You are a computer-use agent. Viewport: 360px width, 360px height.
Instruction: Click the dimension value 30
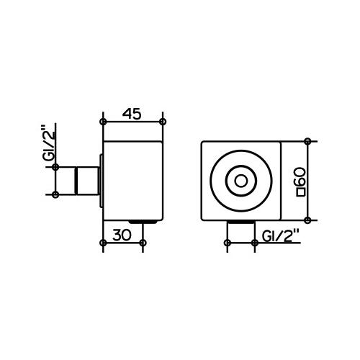123,233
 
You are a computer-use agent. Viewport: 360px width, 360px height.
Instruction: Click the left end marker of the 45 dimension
104,121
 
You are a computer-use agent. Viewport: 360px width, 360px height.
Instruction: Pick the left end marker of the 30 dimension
104,243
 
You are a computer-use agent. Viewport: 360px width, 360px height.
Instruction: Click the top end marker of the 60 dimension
308,141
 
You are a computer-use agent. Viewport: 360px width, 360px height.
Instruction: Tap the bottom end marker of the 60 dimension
308,219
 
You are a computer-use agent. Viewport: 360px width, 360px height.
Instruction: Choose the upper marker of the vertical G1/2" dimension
55,166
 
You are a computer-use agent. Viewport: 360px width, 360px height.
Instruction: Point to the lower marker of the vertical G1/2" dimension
55,194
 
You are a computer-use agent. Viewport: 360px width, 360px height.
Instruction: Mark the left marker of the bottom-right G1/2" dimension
225,243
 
